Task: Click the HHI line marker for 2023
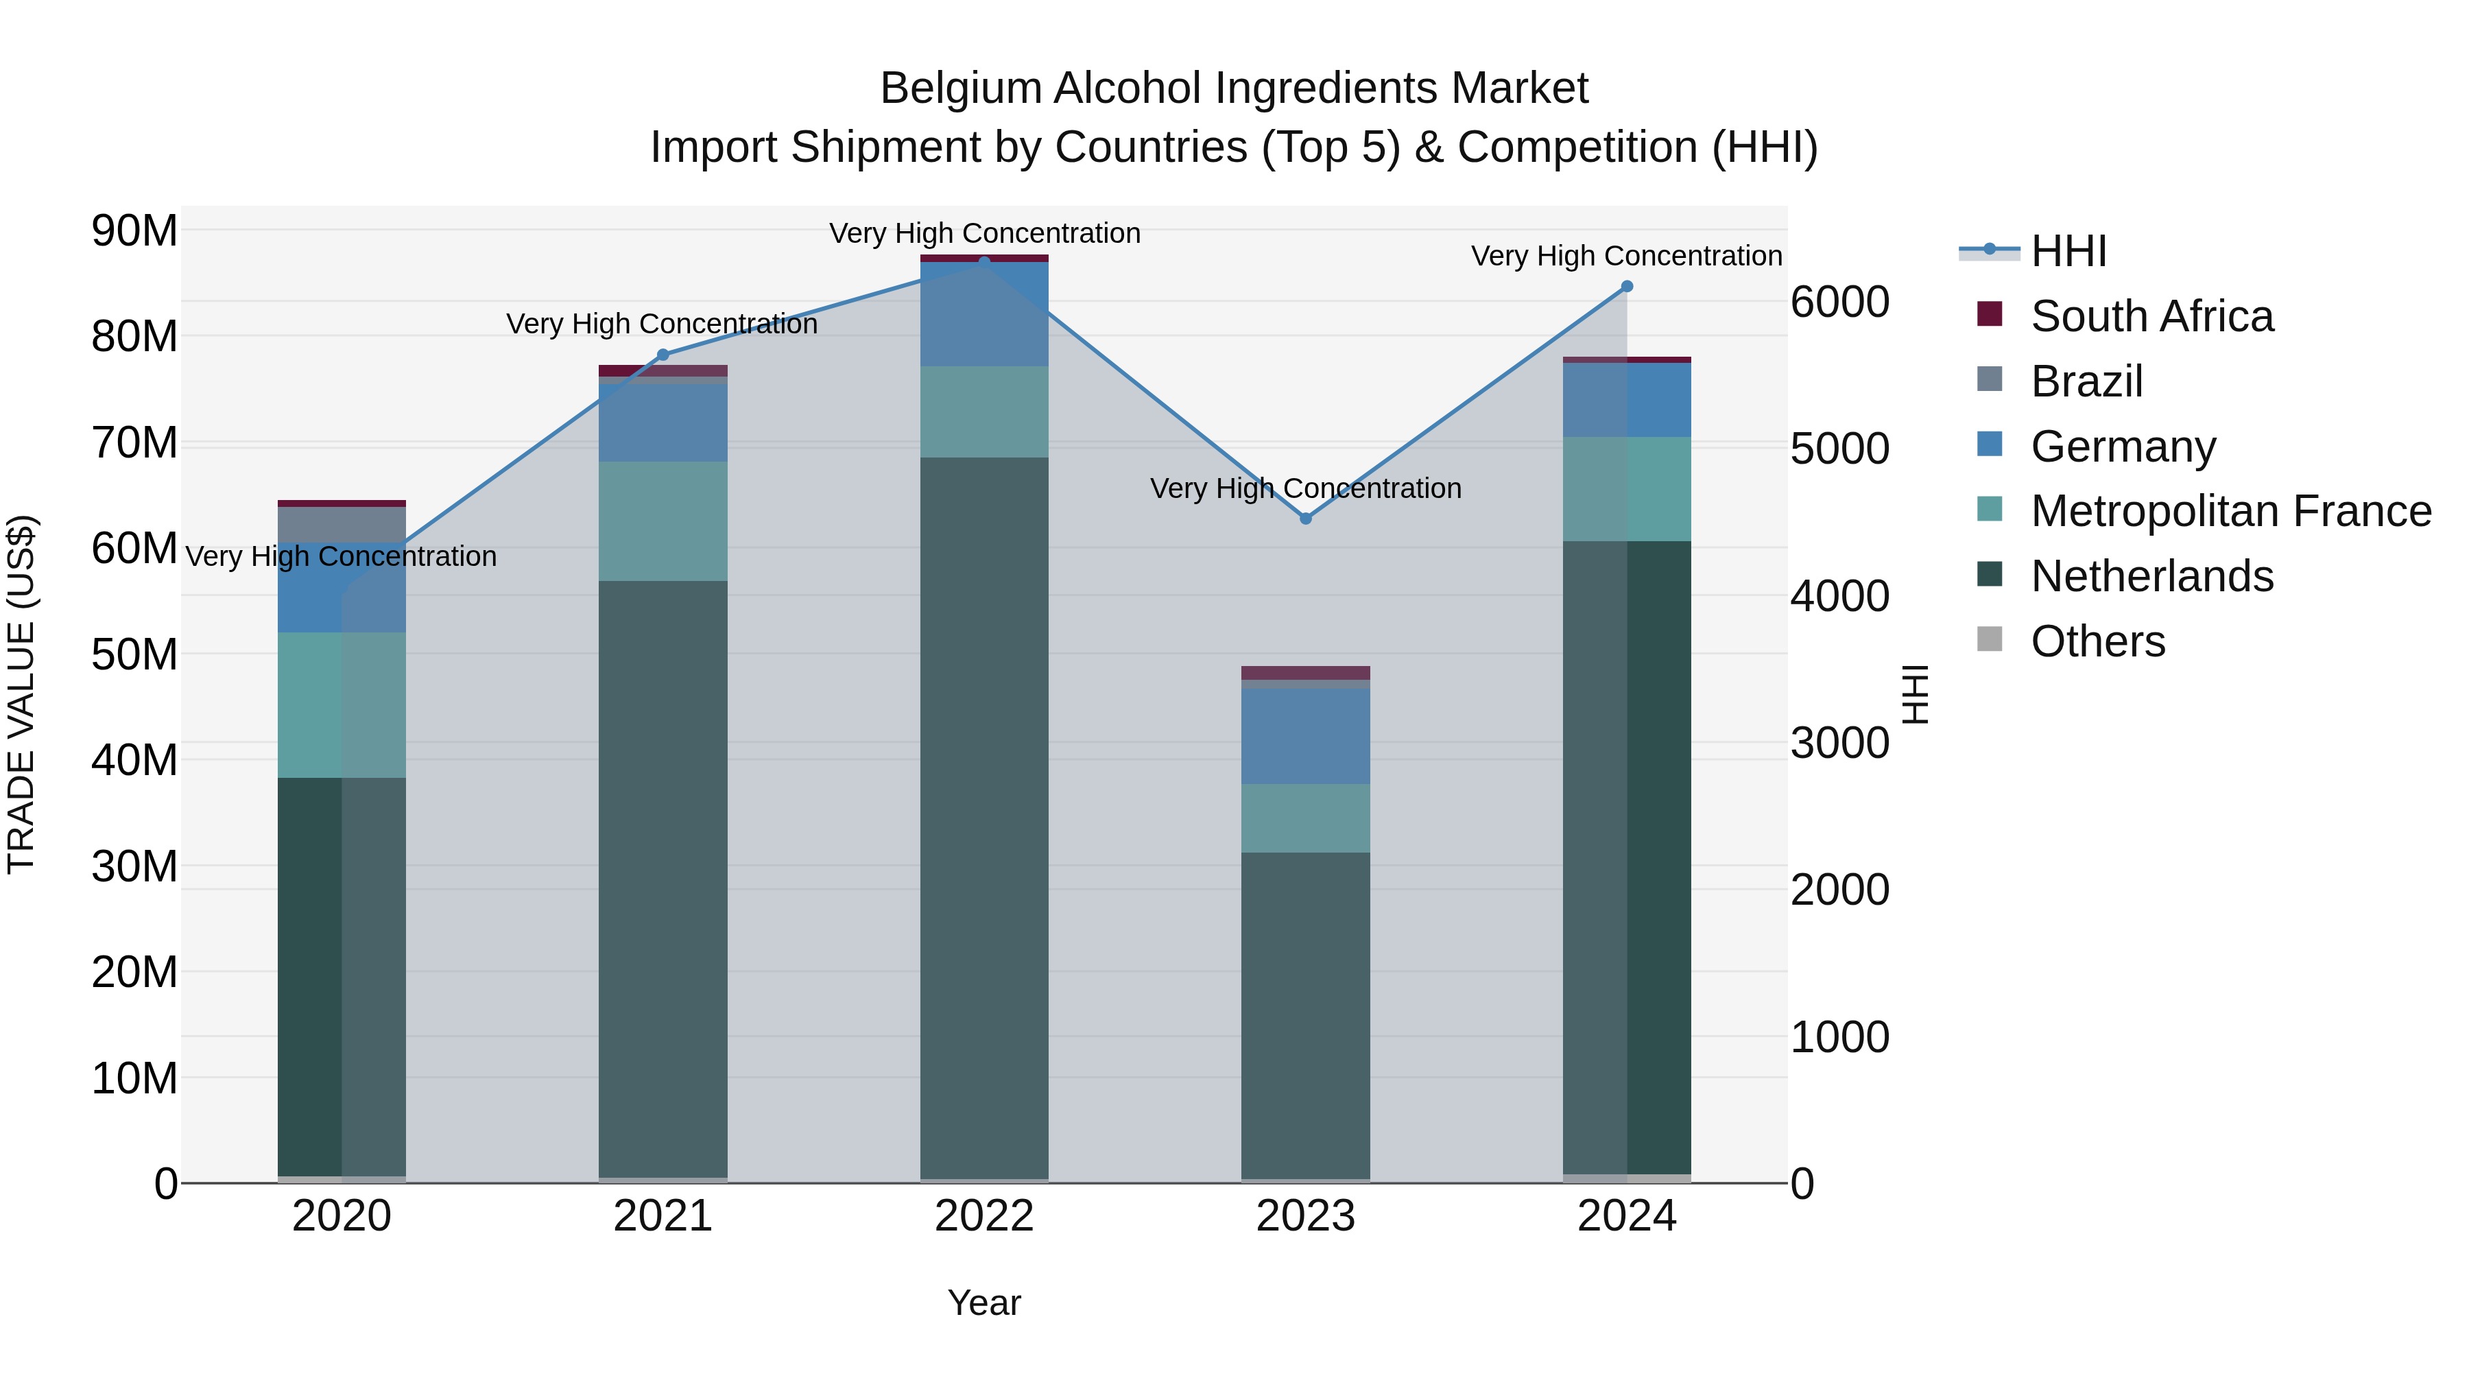tap(1305, 519)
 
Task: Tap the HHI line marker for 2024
tap(1627, 287)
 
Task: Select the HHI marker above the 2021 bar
tap(663, 355)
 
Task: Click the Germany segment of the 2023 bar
tap(1305, 736)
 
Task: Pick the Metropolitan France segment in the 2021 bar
tap(663, 521)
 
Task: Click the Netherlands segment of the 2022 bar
tap(984, 815)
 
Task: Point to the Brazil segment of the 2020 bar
tap(342, 524)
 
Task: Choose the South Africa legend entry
tap(2151, 316)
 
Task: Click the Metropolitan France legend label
tap(2230, 511)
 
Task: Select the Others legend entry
tap(2097, 641)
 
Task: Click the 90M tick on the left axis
tap(134, 231)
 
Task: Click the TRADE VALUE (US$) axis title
tap(22, 694)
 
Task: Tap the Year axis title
tap(984, 1303)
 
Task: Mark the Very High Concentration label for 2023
tap(1305, 489)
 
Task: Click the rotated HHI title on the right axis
tap(1914, 694)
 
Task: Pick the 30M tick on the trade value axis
tap(134, 866)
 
